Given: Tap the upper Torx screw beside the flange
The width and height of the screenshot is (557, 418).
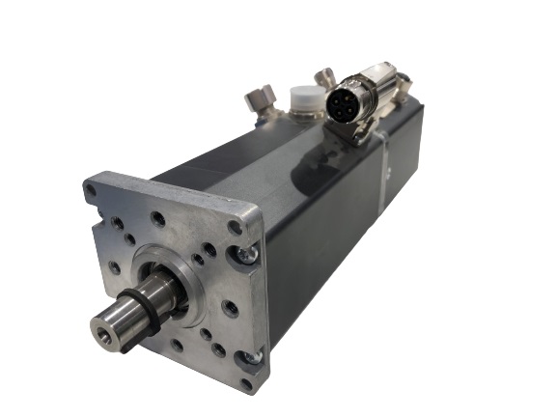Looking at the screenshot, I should [250, 253].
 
